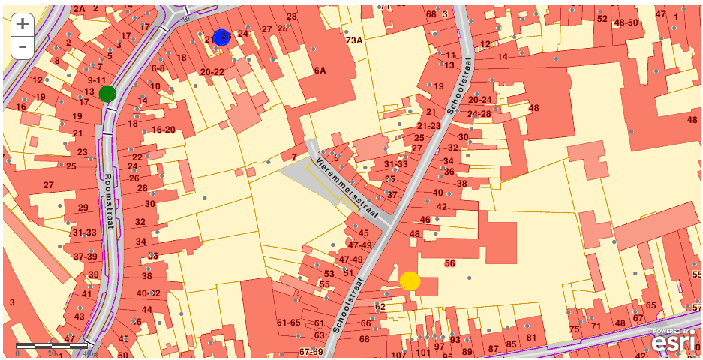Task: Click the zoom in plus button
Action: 23,23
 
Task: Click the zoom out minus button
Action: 23,46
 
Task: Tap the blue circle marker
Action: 221,37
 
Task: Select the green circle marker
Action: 107,94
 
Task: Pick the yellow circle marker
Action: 410,280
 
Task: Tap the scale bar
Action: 51,346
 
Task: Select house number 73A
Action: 354,40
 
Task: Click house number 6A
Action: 320,70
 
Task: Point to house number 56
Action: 450,263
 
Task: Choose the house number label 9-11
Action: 96,79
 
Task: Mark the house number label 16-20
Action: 163,129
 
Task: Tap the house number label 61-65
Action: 289,322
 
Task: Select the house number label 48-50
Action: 626,22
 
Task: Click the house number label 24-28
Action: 479,114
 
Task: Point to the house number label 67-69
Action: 311,351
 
